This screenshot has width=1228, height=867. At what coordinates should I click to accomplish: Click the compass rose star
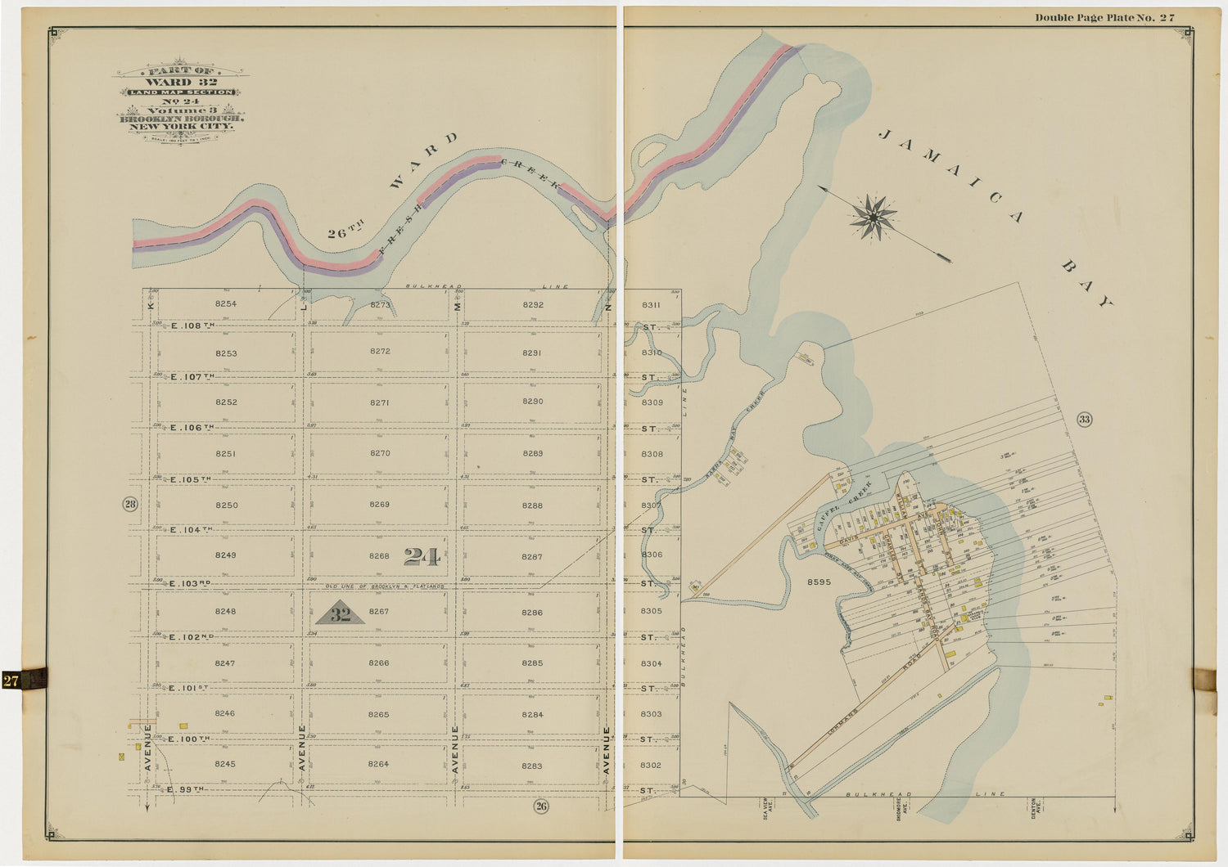[874, 218]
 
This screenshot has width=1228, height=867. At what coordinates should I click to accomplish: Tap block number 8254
[226, 304]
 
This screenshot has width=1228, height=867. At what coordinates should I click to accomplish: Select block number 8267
[379, 612]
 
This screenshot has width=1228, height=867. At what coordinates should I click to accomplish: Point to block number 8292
[533, 305]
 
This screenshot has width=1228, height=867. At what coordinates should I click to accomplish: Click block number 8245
[225, 764]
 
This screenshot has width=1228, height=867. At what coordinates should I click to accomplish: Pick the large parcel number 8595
[819, 582]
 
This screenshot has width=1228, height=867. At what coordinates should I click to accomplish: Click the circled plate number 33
[1084, 420]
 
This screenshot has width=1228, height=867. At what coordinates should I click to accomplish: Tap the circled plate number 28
[130, 504]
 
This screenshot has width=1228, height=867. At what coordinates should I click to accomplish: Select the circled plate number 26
[541, 806]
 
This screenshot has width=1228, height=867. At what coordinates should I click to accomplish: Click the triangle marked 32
[340, 614]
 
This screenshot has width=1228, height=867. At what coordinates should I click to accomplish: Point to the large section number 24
[422, 557]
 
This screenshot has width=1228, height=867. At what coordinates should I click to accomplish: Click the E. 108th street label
[192, 326]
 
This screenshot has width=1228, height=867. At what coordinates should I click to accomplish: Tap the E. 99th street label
[185, 789]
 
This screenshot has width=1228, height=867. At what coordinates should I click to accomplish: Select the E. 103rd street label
[189, 583]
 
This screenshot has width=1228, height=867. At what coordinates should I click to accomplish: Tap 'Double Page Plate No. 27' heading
[1104, 17]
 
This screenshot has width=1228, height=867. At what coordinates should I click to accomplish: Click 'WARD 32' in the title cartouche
[180, 82]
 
